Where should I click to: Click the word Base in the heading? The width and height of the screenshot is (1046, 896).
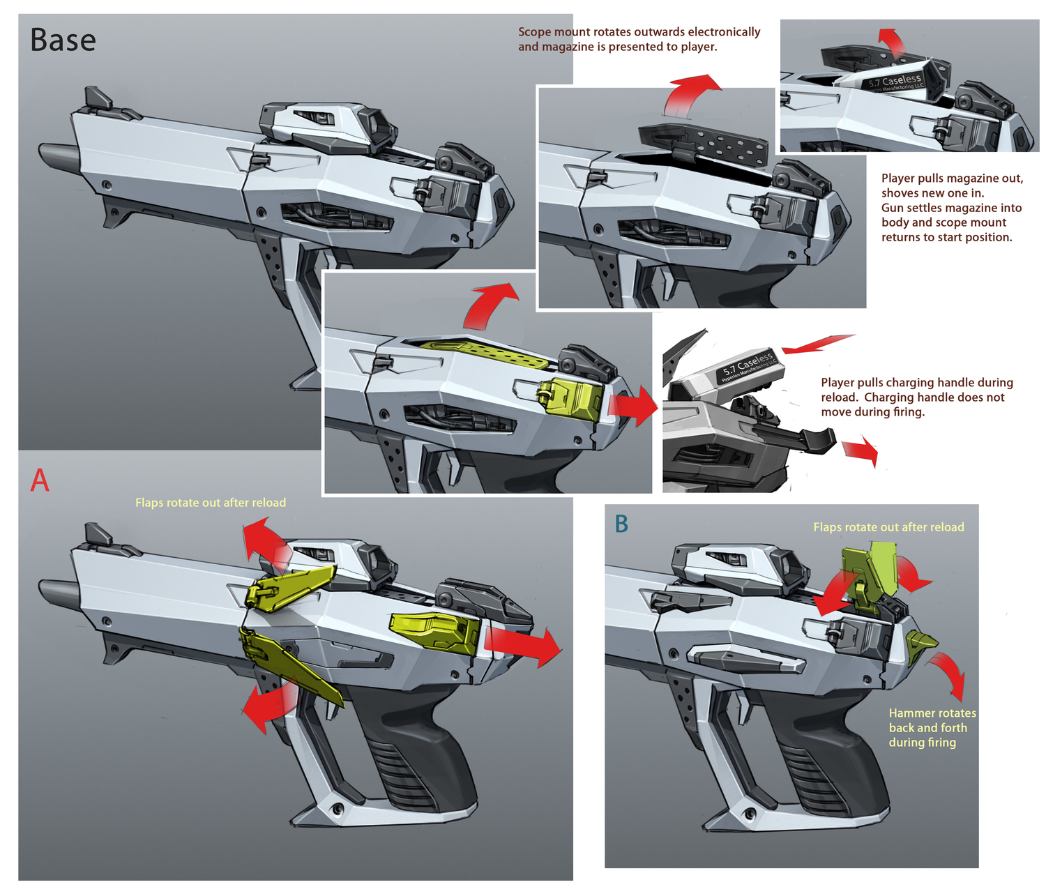63,40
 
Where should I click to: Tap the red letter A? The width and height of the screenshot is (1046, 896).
40,480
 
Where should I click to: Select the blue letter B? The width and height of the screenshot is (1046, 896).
621,524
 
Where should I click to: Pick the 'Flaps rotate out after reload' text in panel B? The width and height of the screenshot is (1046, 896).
888,527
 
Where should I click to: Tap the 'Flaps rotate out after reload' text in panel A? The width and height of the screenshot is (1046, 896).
211,503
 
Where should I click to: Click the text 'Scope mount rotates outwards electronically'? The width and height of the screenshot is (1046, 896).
639,32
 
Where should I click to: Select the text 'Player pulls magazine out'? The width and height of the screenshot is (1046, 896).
952,179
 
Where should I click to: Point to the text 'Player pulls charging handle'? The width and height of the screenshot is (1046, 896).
916,383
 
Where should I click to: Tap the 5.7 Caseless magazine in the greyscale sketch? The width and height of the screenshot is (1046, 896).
739,370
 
